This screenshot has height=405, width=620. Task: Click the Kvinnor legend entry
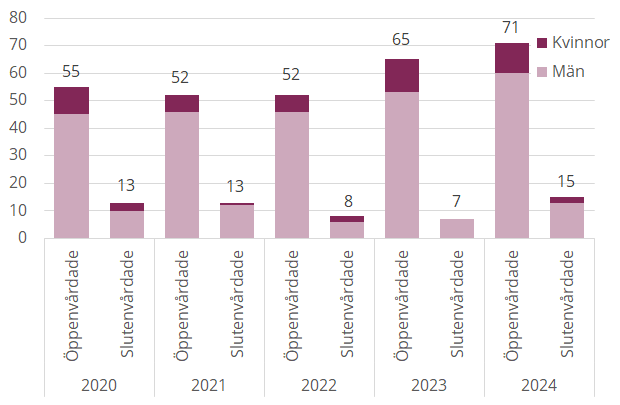(573, 43)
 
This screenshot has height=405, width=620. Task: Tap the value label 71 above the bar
(511, 27)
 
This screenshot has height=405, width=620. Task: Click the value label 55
(71, 71)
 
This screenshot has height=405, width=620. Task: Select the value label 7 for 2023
(456, 202)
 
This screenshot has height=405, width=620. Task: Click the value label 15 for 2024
(567, 180)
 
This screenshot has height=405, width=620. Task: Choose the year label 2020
(99, 385)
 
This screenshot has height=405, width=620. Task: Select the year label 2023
(429, 385)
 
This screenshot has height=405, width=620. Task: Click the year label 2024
(539, 385)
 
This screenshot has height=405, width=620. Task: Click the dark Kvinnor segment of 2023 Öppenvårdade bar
(401, 76)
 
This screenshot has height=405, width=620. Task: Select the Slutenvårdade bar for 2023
(456, 228)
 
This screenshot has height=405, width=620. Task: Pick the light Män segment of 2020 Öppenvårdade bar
(71, 176)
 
